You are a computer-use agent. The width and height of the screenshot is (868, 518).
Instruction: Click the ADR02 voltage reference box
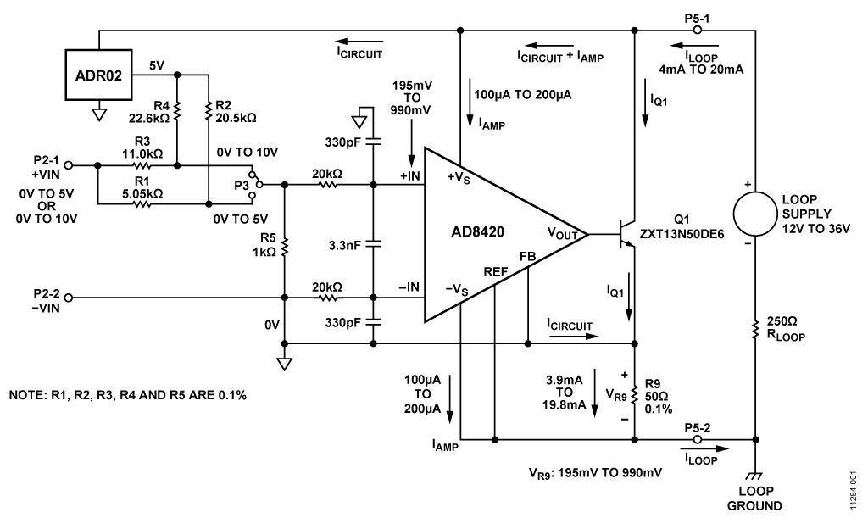(100, 74)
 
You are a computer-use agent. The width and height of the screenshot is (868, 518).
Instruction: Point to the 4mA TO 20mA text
(701, 69)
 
